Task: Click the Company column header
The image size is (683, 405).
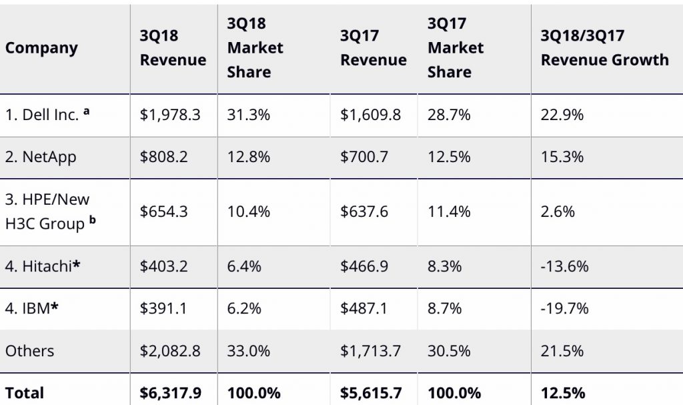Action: point(41,48)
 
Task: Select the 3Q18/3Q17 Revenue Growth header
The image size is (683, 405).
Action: point(604,48)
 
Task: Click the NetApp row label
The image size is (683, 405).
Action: point(41,157)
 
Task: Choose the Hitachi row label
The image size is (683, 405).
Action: point(43,266)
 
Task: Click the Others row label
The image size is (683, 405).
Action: point(29,351)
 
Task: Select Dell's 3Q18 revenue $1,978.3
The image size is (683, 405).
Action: point(169,115)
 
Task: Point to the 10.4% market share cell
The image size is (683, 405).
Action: point(248,212)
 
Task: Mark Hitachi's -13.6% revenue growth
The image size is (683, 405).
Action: point(564,266)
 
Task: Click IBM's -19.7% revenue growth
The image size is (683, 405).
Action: point(564,309)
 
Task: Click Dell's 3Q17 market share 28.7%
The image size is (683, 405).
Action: point(449,115)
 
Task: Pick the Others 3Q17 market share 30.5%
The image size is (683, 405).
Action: point(449,351)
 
